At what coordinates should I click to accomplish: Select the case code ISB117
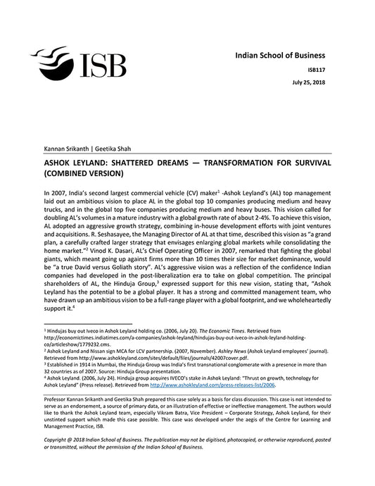335,70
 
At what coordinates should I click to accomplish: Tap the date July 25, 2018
329,83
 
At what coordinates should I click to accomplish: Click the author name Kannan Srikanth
67,149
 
